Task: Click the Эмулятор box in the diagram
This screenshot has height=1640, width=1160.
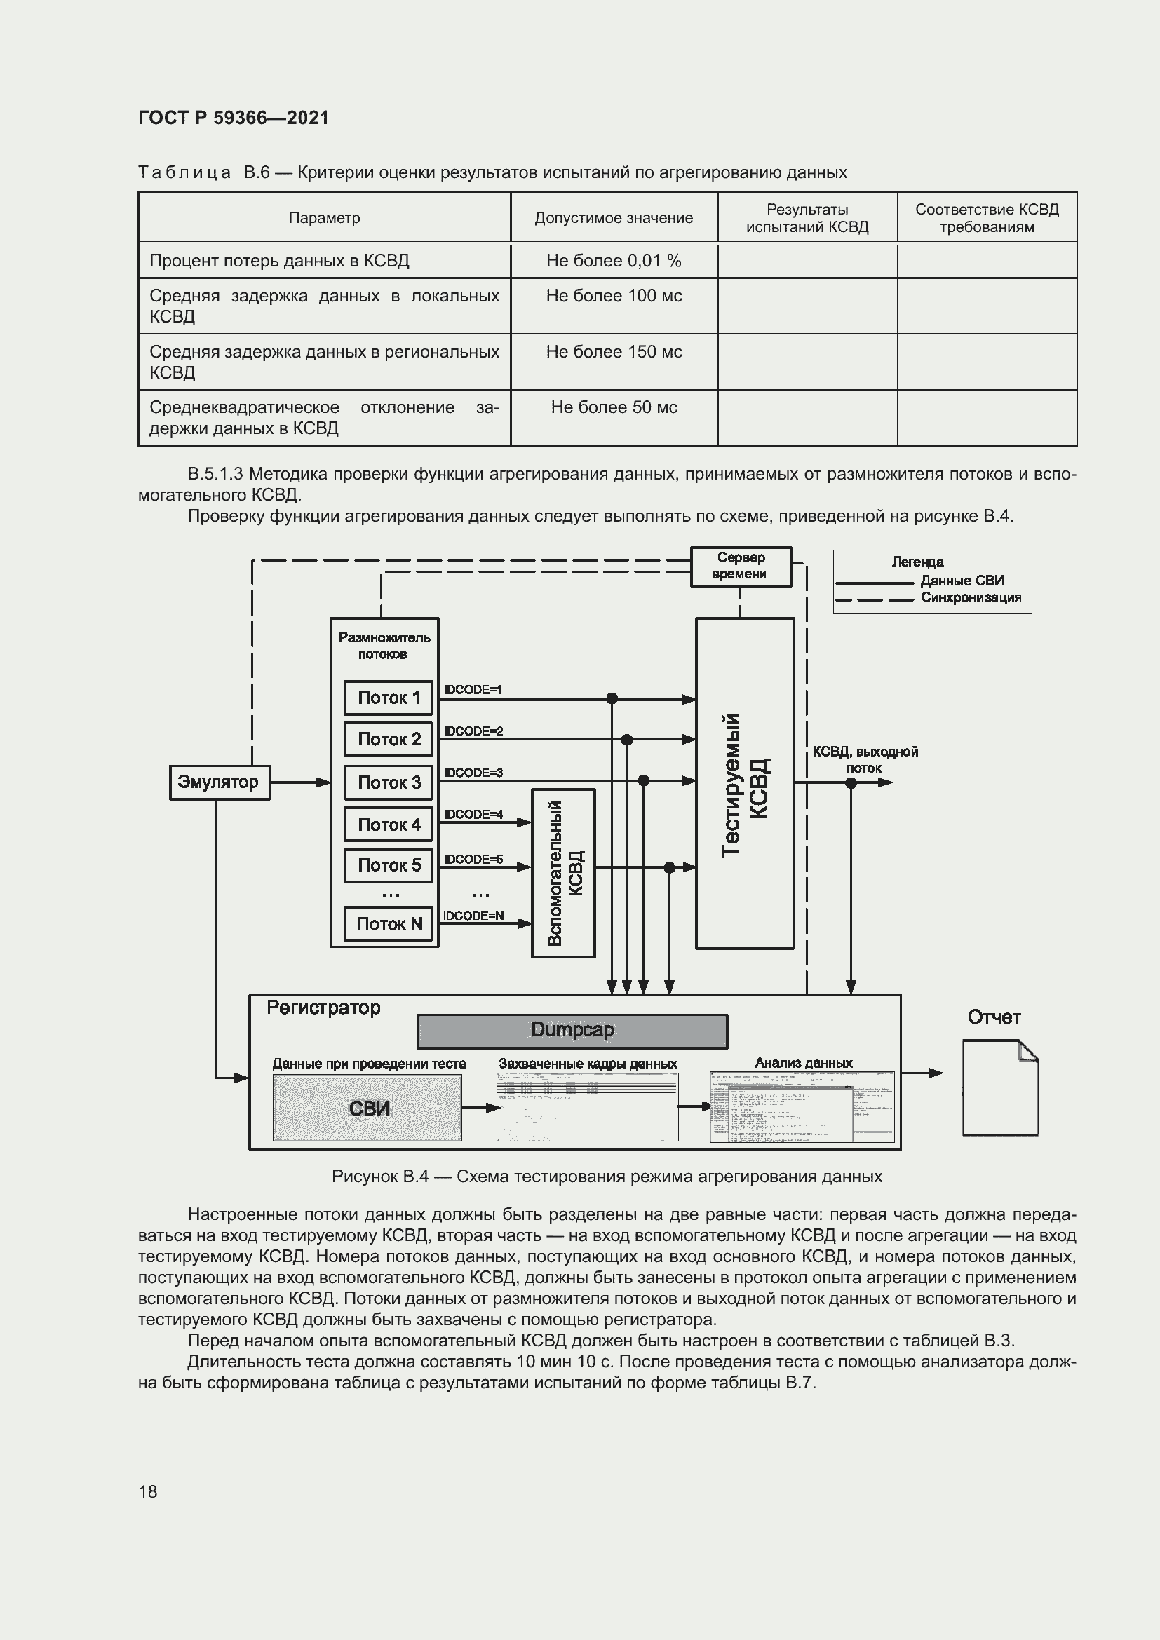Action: pyautogui.click(x=220, y=782)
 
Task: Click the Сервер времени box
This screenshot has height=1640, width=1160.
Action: pyautogui.click(x=741, y=566)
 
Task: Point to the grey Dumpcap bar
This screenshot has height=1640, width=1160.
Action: pyautogui.click(x=572, y=1031)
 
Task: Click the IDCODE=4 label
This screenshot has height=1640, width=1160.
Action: pyautogui.click(x=473, y=814)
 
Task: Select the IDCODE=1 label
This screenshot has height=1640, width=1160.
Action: pyautogui.click(x=473, y=689)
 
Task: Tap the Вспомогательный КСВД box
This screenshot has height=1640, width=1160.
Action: pyautogui.click(x=564, y=873)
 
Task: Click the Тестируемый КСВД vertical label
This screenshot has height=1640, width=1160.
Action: pyautogui.click(x=744, y=785)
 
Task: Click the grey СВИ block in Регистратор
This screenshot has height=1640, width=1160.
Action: pyautogui.click(x=367, y=1108)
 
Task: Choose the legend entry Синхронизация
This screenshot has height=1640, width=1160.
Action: pyautogui.click(x=970, y=598)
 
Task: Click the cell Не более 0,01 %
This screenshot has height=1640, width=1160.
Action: pyautogui.click(x=614, y=261)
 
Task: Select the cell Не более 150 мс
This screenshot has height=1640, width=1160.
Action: pyautogui.click(x=614, y=351)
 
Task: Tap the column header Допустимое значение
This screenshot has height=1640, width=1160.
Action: pyautogui.click(x=614, y=218)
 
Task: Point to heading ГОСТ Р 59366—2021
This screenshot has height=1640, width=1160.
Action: pyautogui.click(x=234, y=118)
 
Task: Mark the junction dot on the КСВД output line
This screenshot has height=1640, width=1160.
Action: pyautogui.click(x=851, y=783)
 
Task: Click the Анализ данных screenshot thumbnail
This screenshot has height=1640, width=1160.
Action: pyautogui.click(x=802, y=1107)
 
